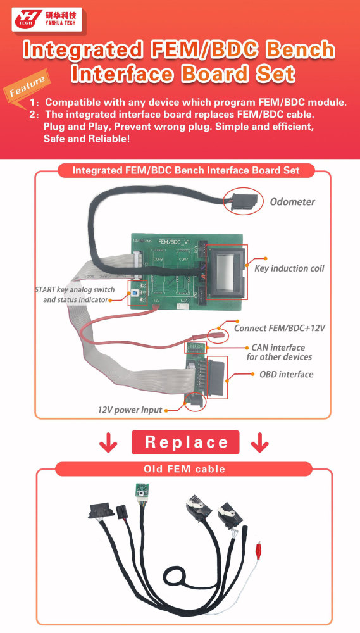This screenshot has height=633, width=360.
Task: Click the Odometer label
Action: click(x=292, y=202)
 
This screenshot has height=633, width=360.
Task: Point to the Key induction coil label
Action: click(x=289, y=268)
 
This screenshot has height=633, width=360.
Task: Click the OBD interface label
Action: click(x=286, y=374)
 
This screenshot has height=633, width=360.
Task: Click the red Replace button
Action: click(x=185, y=442)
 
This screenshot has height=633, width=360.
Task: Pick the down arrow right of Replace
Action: click(x=259, y=443)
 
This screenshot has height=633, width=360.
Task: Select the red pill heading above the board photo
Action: click(x=185, y=170)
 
